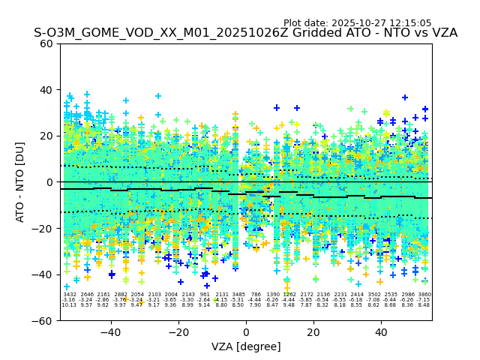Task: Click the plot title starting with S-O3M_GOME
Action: (245, 33)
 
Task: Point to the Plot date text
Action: (357, 23)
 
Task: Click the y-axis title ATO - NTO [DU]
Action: (21, 181)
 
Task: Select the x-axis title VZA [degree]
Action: (246, 346)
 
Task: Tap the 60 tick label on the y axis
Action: (46, 43)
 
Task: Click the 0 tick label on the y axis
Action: (49, 182)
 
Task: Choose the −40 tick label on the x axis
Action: (110, 332)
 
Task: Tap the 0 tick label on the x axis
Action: (246, 332)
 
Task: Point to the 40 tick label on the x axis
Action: (381, 332)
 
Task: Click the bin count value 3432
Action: (69, 295)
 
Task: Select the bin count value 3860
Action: (424, 295)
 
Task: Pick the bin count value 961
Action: (205, 295)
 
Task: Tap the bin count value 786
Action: (256, 295)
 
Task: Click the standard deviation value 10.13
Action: (69, 305)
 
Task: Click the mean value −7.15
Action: (424, 300)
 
